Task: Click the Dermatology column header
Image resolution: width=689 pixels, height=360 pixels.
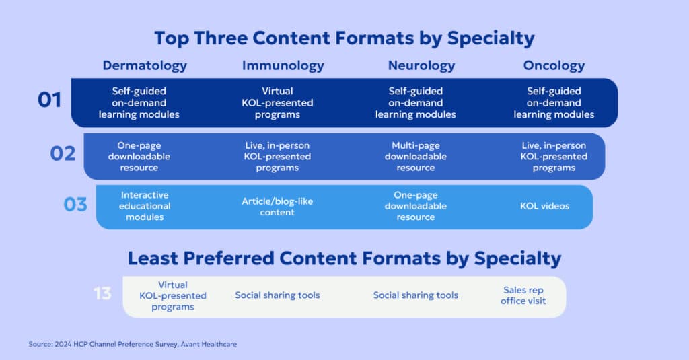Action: pos(145,66)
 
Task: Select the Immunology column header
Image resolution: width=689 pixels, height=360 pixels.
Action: pos(283,66)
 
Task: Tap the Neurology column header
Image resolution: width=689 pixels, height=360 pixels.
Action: pos(421,66)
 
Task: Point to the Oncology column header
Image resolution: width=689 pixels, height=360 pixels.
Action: pos(554,66)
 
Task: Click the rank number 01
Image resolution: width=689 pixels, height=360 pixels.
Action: pos(49,101)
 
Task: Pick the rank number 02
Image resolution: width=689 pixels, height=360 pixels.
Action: pos(63,153)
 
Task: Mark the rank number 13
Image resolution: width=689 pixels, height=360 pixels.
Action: pos(102,294)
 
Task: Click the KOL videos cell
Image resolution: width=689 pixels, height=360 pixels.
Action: pos(544,206)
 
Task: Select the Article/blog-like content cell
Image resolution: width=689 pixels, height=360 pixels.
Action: pos(277,207)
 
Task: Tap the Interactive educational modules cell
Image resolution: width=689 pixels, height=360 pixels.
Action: pos(145,206)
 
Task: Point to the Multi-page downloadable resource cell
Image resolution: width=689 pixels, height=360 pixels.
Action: pos(415,156)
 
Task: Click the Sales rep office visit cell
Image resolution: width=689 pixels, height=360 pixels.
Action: pos(523,295)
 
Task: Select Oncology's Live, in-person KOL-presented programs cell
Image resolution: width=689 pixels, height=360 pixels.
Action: pos(554,156)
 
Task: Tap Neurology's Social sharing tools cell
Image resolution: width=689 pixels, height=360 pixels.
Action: pos(415,295)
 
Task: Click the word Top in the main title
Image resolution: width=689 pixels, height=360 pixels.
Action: pos(173,37)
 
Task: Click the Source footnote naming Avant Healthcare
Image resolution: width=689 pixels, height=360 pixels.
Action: pos(133,344)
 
